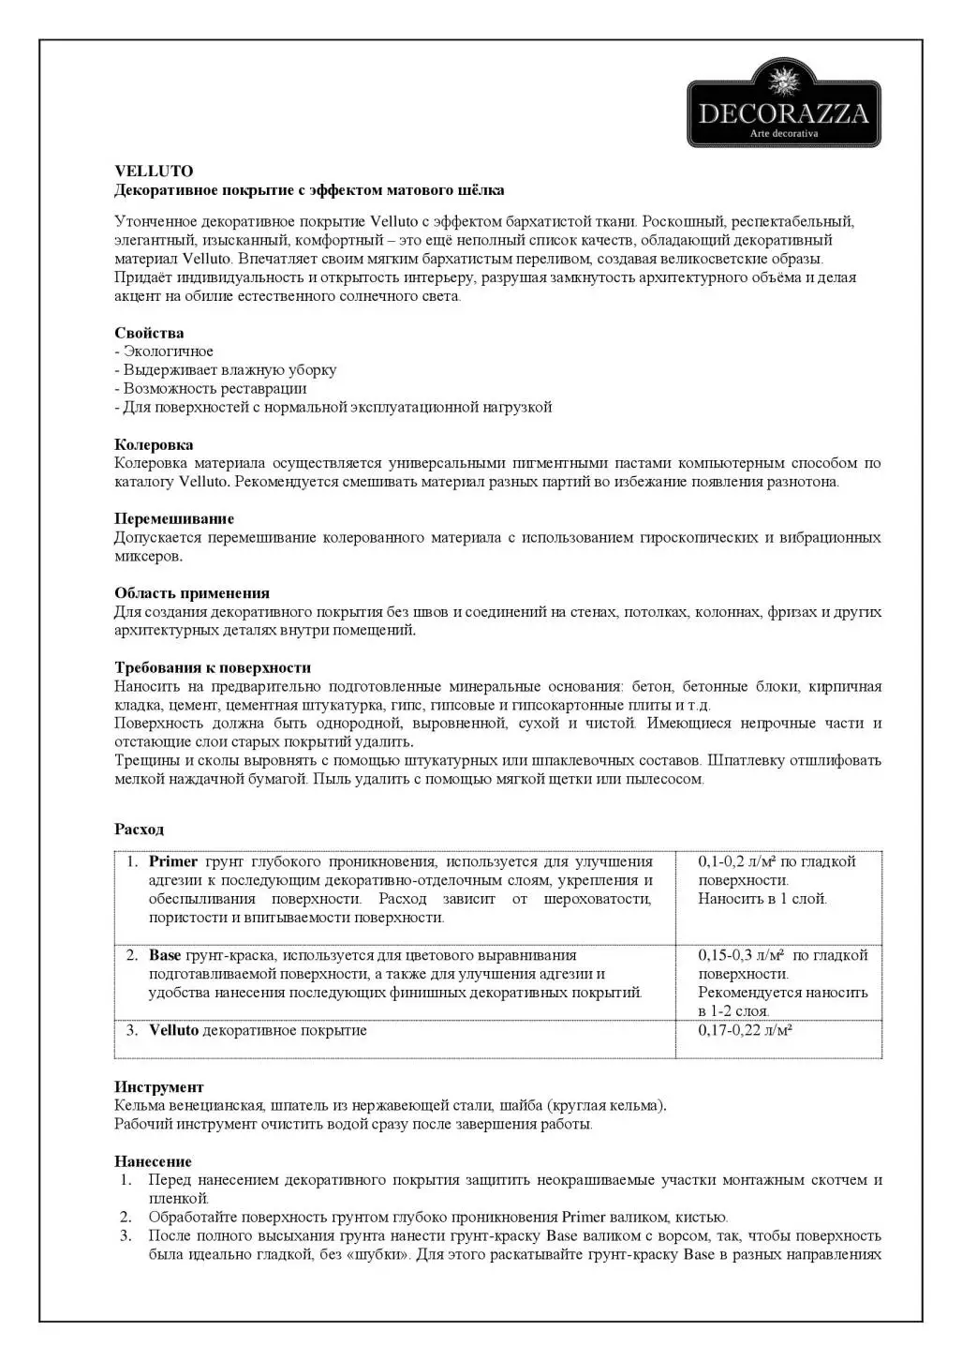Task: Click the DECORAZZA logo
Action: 784,103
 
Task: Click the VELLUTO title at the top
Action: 154,172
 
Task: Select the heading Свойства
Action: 149,333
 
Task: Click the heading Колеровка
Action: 154,444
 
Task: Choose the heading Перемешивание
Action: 174,518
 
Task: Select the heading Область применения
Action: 192,593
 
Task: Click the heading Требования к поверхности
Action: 213,667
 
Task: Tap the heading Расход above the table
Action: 139,829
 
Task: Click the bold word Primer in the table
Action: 173,861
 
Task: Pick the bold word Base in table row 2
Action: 165,955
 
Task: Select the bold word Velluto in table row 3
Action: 174,1030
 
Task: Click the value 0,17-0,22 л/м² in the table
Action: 745,1030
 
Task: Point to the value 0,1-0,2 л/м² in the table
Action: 737,861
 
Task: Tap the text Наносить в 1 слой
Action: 762,899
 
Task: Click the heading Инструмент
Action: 158,1087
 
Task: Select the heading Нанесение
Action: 153,1161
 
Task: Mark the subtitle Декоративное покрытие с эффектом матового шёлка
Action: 309,190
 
